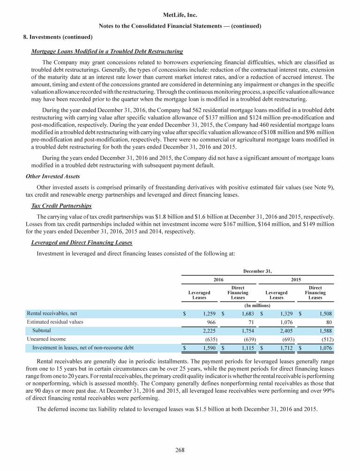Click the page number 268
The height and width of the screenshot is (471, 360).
point(180,450)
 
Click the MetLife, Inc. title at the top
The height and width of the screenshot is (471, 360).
point(180,15)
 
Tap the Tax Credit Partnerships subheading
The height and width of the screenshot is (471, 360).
point(61,206)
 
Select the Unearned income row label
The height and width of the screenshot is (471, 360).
point(46,338)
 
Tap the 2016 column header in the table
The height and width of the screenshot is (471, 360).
point(218,280)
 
